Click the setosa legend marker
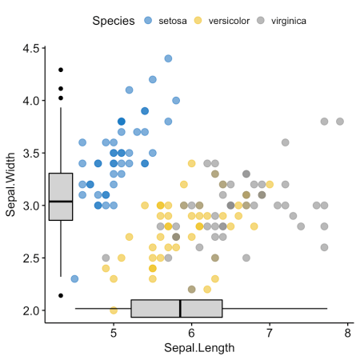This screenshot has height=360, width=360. click(148, 19)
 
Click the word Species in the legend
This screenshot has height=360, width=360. click(112, 19)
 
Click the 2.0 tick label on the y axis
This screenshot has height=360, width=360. click(31, 310)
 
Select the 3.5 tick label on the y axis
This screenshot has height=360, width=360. click(31, 154)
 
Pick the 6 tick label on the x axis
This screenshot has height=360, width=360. click(191, 332)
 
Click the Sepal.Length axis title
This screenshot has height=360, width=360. click(199, 348)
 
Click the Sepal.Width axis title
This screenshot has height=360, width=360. click(10, 179)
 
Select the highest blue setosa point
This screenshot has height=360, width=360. click(168, 58)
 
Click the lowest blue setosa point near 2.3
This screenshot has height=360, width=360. click(74, 278)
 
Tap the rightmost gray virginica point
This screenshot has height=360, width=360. click(340, 122)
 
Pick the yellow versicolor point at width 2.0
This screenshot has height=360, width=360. click(114, 310)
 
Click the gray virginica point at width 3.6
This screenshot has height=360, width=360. click(285, 142)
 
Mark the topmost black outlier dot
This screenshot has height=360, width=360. click(61, 70)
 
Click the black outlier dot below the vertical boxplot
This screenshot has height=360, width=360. click(61, 295)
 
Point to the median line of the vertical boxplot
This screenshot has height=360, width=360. click(61, 201)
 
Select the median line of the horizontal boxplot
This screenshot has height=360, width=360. click(180, 308)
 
